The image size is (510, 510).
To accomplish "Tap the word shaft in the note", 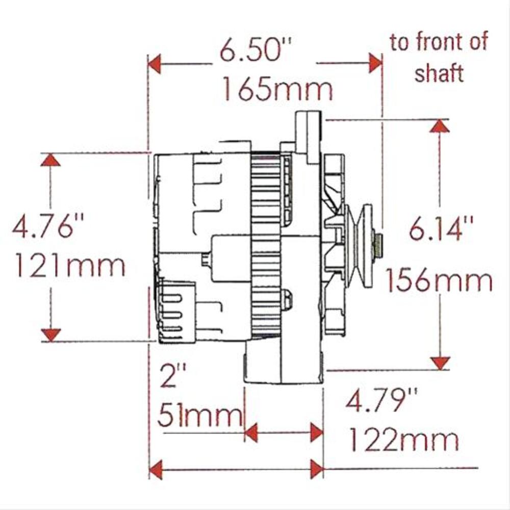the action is coord(439,73).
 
